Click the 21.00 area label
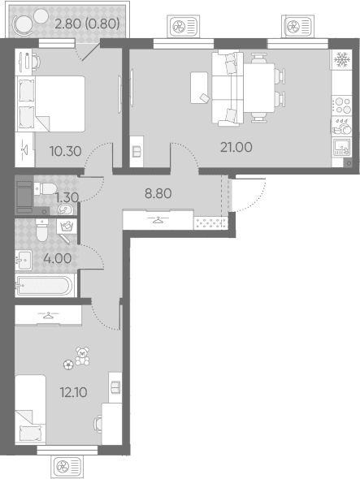236,147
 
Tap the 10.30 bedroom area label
66,151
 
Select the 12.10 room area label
74,392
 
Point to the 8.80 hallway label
158,193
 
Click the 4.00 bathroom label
58,258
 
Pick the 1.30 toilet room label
67,197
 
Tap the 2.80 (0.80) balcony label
87,24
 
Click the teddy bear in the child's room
82,356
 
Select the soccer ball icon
68,365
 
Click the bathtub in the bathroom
45,286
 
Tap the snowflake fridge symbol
342,59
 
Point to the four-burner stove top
342,106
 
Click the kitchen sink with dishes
342,126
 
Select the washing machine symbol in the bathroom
67,227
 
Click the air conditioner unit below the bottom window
67,467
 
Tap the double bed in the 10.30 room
50,104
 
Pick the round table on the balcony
23,25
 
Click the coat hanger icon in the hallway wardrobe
158,219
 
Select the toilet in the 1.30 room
45,188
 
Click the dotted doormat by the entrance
211,222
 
